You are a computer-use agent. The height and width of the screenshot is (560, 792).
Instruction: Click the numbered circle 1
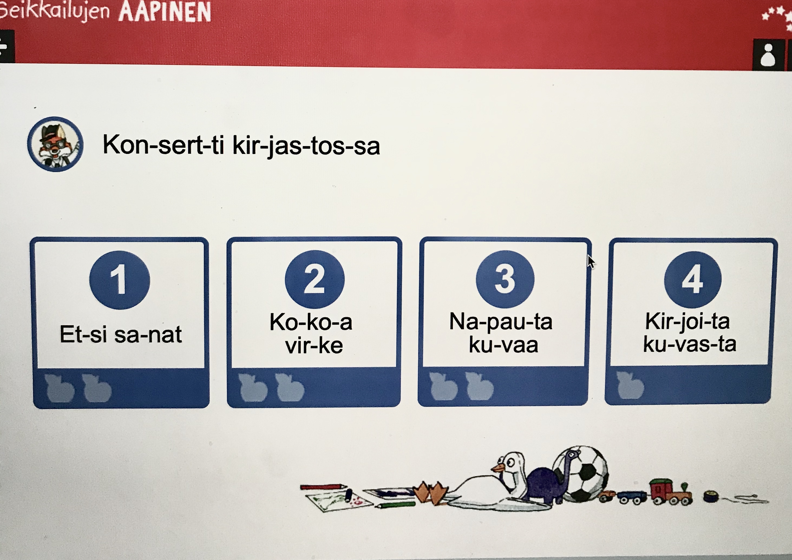click(x=119, y=280)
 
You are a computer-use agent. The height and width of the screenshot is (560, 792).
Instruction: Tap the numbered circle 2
click(x=315, y=279)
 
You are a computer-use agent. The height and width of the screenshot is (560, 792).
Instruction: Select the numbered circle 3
click(x=505, y=279)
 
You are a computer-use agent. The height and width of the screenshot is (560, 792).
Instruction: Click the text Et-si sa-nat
click(x=121, y=334)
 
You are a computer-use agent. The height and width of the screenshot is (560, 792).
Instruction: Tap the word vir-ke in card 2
click(x=314, y=345)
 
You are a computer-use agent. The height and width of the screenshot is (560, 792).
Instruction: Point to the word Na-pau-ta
click(x=501, y=322)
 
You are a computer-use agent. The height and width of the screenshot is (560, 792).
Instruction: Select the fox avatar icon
click(x=55, y=144)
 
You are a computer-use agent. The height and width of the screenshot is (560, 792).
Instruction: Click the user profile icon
click(x=768, y=55)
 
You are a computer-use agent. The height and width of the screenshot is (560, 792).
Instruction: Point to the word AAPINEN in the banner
click(x=165, y=12)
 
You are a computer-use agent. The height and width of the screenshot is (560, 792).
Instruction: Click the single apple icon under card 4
click(x=630, y=385)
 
